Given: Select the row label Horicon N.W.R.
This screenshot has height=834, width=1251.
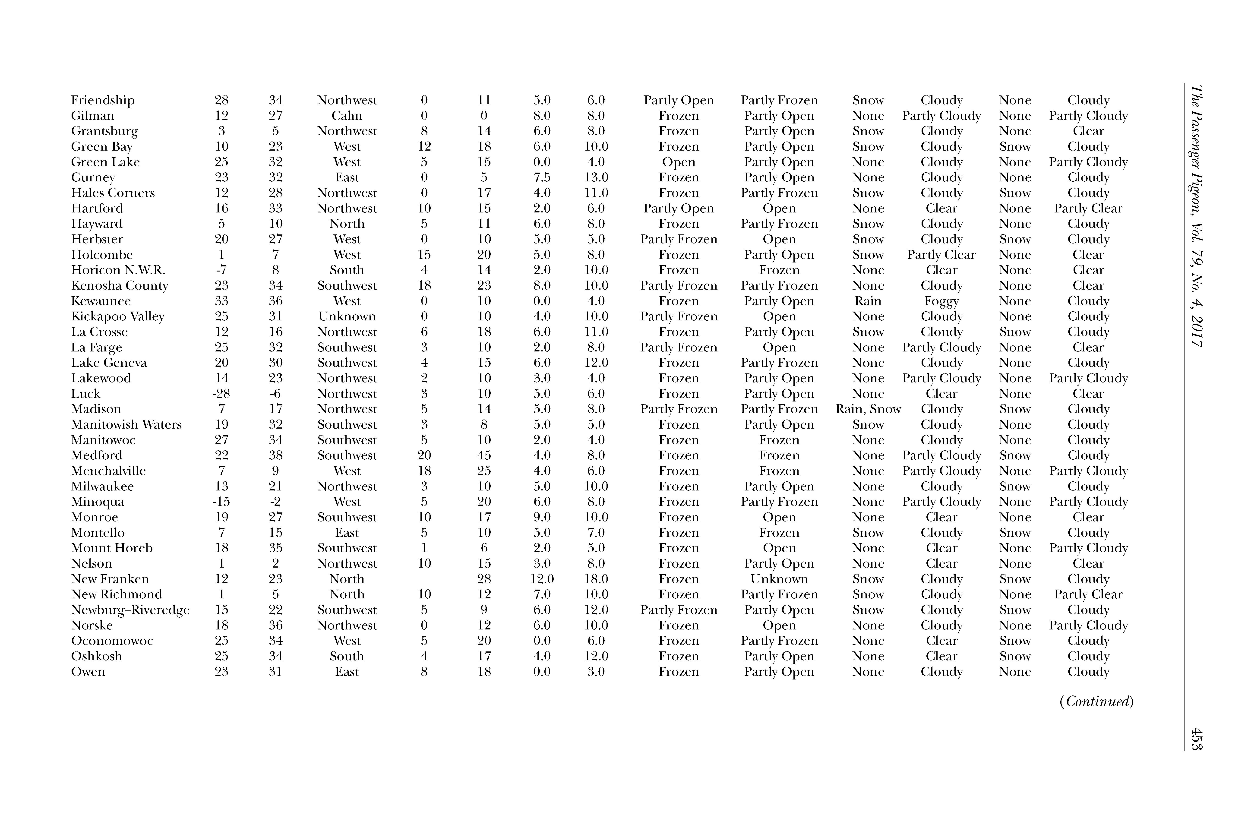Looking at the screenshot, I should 118,270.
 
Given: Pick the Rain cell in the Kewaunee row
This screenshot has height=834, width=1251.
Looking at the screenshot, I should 868,301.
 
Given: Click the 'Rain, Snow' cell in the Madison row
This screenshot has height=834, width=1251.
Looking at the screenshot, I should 868,409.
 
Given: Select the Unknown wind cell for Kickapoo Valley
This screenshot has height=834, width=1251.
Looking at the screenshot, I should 347,316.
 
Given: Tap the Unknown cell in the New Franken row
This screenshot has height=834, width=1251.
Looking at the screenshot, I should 779,579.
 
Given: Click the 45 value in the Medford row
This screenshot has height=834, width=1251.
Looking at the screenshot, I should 484,455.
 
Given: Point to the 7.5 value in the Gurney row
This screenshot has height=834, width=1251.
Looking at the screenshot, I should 542,178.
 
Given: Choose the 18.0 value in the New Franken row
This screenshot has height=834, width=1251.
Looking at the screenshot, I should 596,579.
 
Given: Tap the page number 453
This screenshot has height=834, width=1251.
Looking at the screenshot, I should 1197,739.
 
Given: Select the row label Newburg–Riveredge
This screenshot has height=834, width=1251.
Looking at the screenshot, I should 130,610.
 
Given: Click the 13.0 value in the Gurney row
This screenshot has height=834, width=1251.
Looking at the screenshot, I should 596,178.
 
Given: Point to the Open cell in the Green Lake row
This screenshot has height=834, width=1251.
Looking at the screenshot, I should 679,162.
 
